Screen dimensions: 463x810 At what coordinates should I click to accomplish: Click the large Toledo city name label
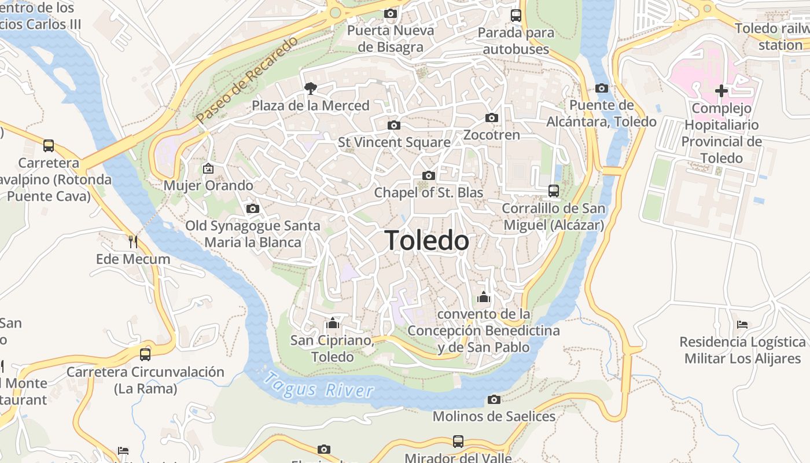point(426,240)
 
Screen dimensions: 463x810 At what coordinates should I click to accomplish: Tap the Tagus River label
point(318,385)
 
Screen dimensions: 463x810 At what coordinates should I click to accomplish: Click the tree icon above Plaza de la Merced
point(311,89)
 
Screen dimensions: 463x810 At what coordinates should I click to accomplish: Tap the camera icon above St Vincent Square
point(393,125)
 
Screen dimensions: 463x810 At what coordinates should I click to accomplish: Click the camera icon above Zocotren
point(491,118)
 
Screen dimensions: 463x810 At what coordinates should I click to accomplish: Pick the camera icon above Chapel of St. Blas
point(428,175)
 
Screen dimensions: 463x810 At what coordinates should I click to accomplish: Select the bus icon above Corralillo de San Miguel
point(553,191)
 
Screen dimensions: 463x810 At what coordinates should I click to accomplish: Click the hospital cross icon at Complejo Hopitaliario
point(721,91)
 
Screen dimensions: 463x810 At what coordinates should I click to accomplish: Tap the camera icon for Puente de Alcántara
point(602,89)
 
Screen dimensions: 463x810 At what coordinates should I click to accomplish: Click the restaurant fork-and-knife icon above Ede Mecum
point(133,241)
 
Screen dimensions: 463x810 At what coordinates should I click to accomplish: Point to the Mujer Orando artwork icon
point(208,168)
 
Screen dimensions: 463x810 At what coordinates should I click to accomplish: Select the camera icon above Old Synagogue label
point(252,208)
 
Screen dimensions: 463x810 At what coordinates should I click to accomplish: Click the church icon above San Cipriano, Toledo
point(332,323)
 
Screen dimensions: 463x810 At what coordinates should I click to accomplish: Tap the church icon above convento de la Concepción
point(483,297)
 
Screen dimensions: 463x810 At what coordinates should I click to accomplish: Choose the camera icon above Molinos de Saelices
point(494,399)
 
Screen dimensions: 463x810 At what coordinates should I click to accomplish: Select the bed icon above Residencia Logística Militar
point(743,325)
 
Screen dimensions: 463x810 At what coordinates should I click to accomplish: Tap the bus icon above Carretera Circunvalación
point(145,354)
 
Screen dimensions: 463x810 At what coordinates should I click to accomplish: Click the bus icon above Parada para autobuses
point(516,16)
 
